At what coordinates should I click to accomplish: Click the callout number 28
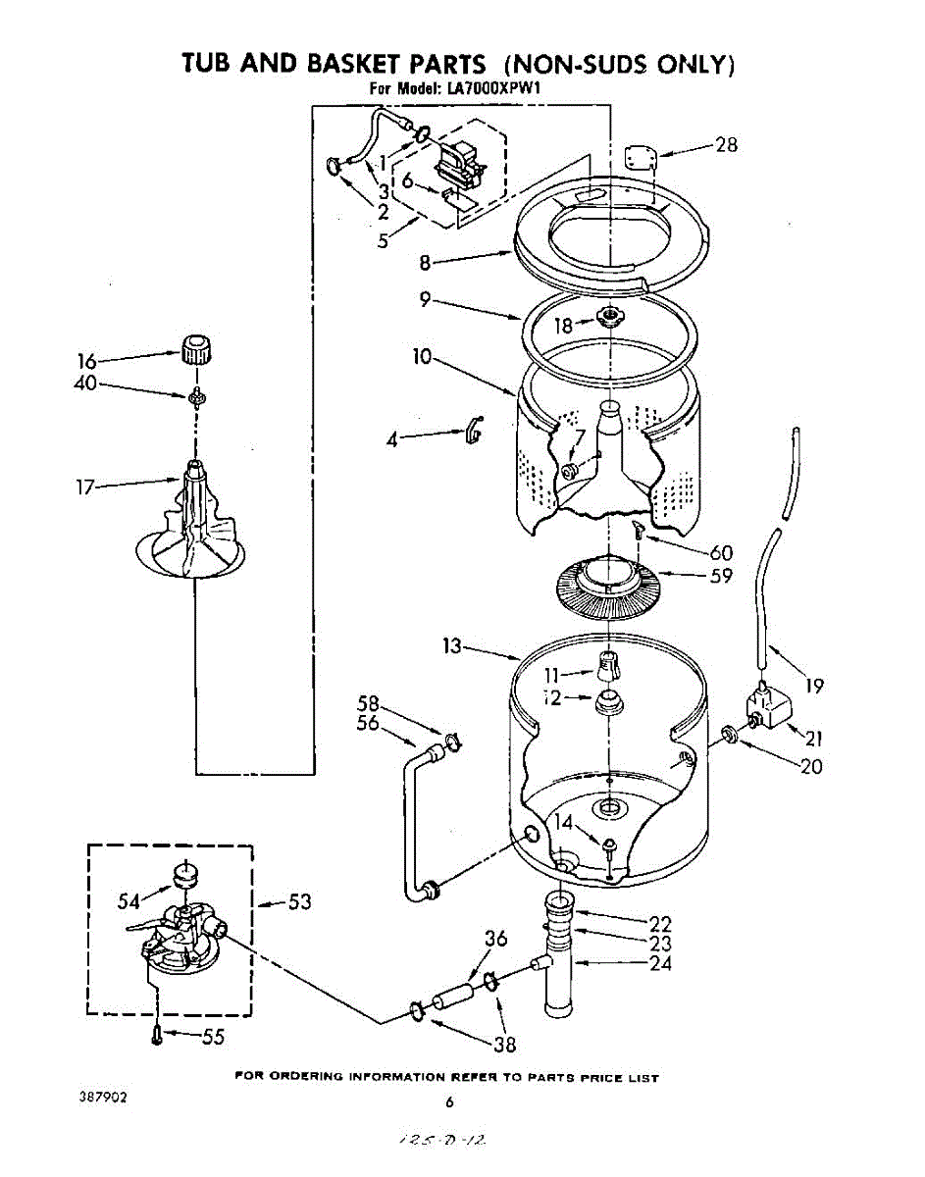[x=727, y=145]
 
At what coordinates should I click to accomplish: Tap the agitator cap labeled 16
[x=196, y=347]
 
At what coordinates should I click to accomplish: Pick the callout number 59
[x=721, y=576]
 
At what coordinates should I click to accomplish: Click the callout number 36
[x=495, y=939]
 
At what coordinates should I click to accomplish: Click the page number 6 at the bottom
[x=449, y=1101]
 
